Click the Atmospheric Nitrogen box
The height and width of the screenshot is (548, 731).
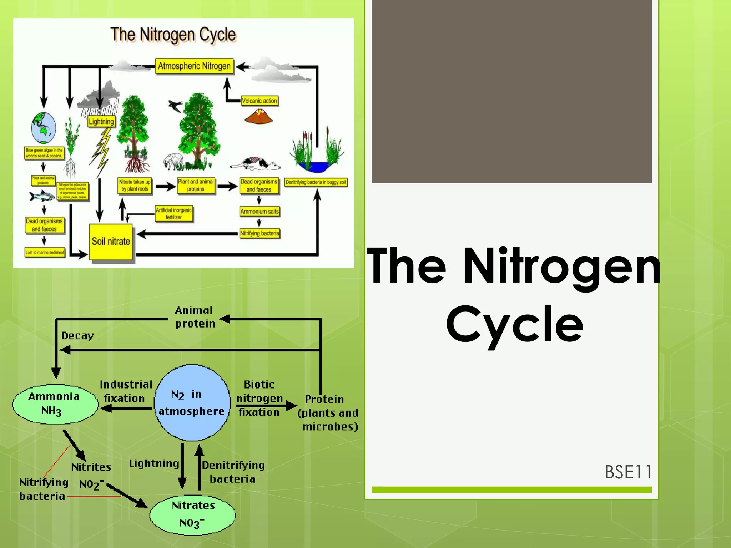[194, 66]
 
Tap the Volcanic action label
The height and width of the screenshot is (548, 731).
[259, 101]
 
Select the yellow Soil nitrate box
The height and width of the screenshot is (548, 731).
[111, 242]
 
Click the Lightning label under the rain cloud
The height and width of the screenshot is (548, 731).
[101, 122]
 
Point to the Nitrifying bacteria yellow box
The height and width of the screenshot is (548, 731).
[259, 234]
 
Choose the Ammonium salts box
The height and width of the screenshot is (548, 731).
[259, 212]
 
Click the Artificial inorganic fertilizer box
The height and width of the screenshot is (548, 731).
[174, 214]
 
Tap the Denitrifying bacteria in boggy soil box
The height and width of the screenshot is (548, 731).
[316, 182]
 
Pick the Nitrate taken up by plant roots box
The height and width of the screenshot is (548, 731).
[135, 186]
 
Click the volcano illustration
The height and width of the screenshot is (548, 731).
[258, 117]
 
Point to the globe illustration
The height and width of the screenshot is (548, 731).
[44, 128]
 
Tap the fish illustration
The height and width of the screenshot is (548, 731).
[42, 196]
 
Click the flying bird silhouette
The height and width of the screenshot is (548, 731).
[176, 105]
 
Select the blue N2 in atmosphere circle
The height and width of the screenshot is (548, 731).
[192, 403]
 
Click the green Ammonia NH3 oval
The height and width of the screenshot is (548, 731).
[55, 405]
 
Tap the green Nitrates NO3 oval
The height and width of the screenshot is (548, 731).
[193, 515]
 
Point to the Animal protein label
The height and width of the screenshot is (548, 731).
[195, 317]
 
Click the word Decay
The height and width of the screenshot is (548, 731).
[77, 336]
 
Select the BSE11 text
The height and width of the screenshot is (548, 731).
[628, 472]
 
